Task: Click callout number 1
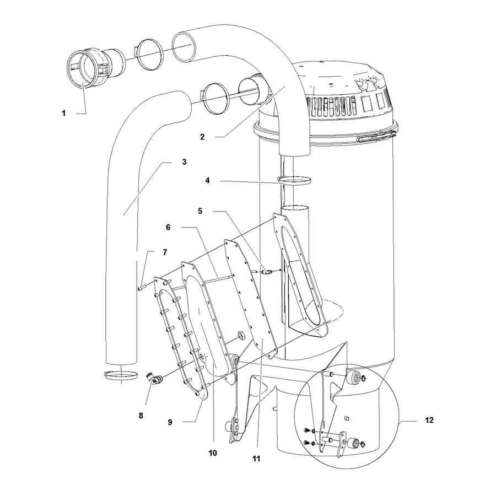pos(64,113)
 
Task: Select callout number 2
pos(202,137)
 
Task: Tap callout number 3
pos(184,162)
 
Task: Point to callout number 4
pos(208,181)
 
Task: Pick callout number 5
pos(200,211)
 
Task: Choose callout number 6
pos(168,228)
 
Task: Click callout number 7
pos(165,252)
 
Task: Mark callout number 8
pos(141,416)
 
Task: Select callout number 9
pos(170,422)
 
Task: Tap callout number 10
pos(213,453)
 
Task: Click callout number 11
pos(256,459)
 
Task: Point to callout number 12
pos(429,420)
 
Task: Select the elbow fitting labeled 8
pos(153,378)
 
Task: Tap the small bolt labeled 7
pos(142,288)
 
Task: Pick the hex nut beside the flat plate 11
pos(241,335)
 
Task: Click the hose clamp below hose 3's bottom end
pos(121,375)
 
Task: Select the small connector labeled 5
pos(266,272)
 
